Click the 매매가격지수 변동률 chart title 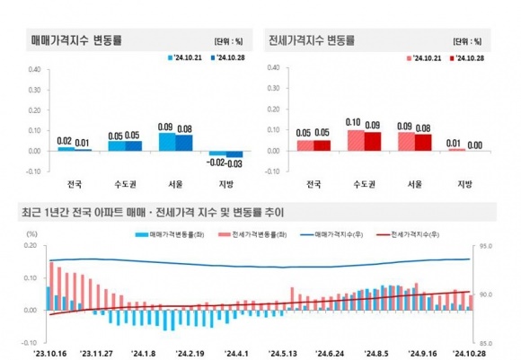click(x=76, y=40)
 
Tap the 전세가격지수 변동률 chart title click(x=312, y=40)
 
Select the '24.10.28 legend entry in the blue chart click(x=227, y=57)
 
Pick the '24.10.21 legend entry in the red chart click(x=424, y=58)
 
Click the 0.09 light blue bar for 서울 click(x=167, y=142)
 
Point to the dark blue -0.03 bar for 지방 click(x=234, y=154)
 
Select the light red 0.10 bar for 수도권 click(x=356, y=140)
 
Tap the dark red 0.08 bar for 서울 click(x=423, y=143)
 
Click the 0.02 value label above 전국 click(x=64, y=141)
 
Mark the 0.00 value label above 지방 click(x=475, y=145)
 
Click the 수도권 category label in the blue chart click(x=125, y=184)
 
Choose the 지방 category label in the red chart click(x=464, y=184)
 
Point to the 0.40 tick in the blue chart click(x=34, y=69)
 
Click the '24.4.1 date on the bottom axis click(x=236, y=354)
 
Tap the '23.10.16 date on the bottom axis click(x=50, y=354)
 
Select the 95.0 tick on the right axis click(x=486, y=246)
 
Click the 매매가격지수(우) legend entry click(x=331, y=234)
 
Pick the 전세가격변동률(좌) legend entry click(x=252, y=234)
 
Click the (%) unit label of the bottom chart click(x=31, y=234)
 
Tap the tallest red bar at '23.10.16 click(x=51, y=286)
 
